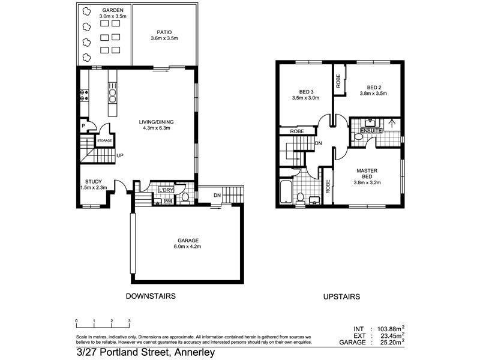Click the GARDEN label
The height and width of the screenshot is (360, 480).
click(x=112, y=11)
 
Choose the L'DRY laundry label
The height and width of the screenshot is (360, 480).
click(x=166, y=190)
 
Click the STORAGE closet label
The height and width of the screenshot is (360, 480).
click(x=104, y=140)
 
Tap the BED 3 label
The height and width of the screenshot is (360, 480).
click(x=302, y=91)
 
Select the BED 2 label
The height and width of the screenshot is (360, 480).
click(x=374, y=86)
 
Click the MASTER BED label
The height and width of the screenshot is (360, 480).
click(x=367, y=173)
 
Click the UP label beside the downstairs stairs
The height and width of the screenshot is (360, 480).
click(x=120, y=155)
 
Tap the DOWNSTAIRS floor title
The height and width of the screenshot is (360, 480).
click(x=150, y=296)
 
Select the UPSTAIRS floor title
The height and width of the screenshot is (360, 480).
click(x=341, y=296)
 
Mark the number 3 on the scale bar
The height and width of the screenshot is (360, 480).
click(x=129, y=321)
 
